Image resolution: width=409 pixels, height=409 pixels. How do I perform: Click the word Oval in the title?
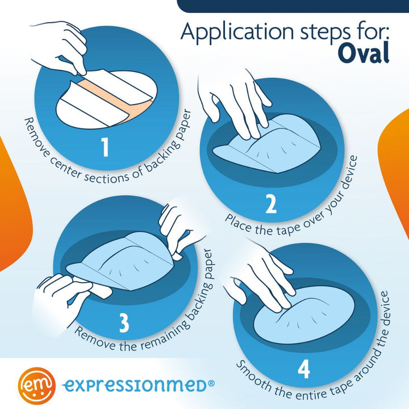(x=364, y=53)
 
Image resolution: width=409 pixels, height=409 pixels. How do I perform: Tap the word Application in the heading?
(x=237, y=32)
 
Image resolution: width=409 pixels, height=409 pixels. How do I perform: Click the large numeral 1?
(x=105, y=147)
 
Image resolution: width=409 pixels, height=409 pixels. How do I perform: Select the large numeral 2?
(x=271, y=204)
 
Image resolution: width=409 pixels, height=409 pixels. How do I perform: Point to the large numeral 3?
(x=124, y=323)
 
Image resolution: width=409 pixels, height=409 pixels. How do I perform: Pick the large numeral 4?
(x=303, y=369)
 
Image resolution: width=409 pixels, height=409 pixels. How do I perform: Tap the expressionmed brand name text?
(x=135, y=386)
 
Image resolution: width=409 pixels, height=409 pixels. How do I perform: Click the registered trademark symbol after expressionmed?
(x=211, y=383)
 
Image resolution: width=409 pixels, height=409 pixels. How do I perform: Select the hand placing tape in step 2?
(x=235, y=105)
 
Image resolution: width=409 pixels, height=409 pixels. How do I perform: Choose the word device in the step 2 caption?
(x=349, y=172)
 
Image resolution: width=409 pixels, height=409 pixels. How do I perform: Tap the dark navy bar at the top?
(x=293, y=6)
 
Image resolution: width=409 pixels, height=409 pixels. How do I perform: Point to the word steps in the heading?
(x=326, y=34)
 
